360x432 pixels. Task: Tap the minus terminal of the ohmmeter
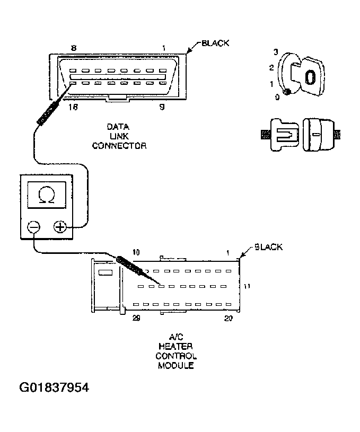click(x=33, y=227)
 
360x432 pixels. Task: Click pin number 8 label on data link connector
click(x=74, y=48)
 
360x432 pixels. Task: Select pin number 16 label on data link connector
click(x=74, y=107)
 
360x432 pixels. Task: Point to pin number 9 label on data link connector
click(x=163, y=107)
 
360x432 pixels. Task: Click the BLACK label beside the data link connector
click(x=215, y=43)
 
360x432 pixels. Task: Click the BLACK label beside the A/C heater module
click(x=268, y=247)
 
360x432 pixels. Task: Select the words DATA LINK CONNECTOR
click(x=119, y=136)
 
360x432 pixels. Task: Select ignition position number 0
click(x=277, y=96)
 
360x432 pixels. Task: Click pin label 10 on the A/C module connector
click(x=136, y=253)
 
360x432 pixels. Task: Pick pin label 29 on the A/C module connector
click(x=136, y=318)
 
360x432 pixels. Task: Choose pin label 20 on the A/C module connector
click(x=228, y=318)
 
